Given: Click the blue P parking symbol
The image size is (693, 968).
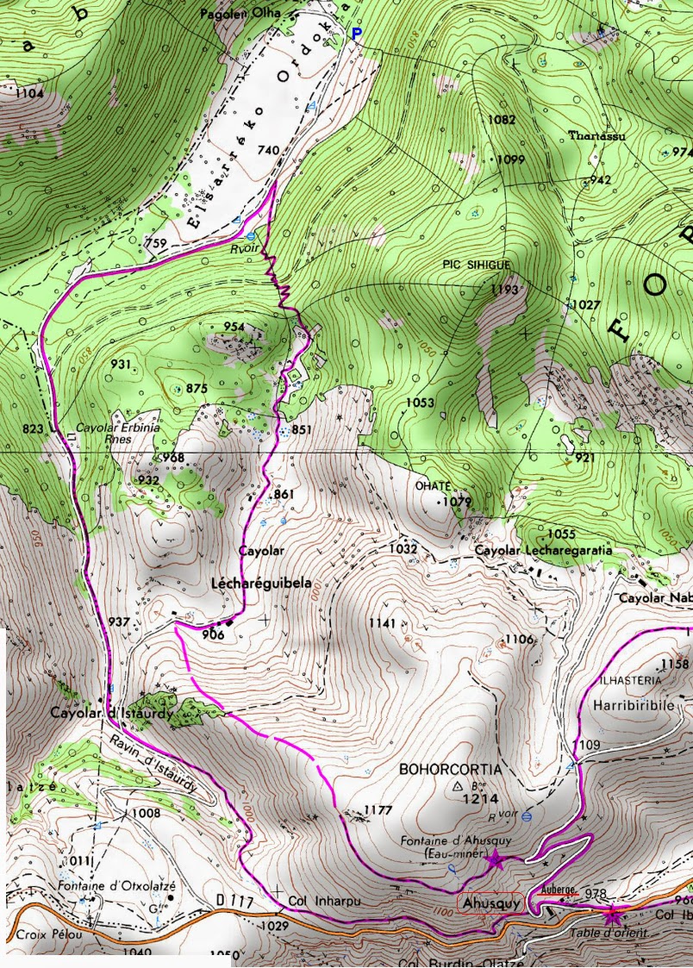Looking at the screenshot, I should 359,34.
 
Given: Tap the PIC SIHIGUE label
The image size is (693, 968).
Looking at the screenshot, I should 477,265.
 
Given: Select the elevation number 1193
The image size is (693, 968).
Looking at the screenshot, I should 505,290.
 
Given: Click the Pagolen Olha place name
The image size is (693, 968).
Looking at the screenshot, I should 235,15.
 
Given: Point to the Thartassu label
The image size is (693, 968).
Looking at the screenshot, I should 597,136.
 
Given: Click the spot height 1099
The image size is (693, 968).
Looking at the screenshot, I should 511,159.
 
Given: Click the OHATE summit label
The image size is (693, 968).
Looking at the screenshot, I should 433,485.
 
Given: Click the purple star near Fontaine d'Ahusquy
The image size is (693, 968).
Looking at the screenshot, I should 494,859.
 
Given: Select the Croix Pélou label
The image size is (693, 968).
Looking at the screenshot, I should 39,934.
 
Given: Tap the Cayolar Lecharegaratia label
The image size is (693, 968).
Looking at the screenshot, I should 543,550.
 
